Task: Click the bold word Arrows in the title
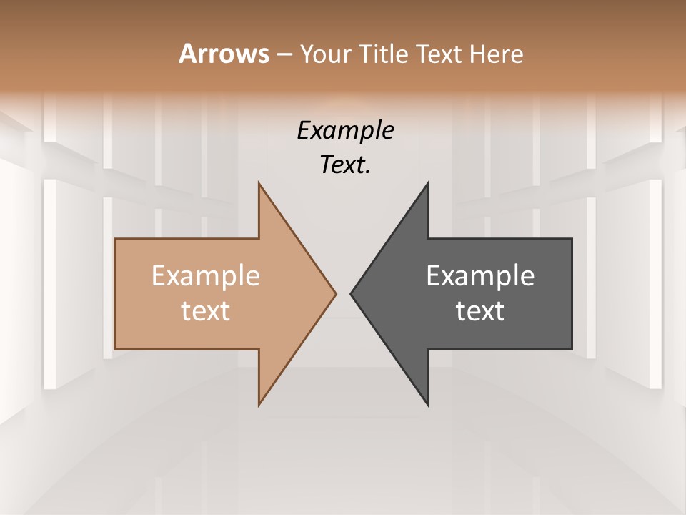223,54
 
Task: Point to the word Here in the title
497,54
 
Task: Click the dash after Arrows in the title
284,54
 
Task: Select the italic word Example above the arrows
346,130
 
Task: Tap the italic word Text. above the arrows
346,165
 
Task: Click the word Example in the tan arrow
206,275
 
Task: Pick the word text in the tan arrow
206,310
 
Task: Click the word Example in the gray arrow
480,275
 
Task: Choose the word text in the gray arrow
480,310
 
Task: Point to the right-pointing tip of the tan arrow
336,293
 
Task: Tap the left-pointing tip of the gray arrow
350,293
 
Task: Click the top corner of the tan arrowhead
259,183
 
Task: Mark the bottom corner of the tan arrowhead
259,405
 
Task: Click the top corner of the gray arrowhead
428,183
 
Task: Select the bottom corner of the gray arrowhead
428,405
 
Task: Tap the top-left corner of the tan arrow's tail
115,239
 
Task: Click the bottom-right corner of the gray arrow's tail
572,349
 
